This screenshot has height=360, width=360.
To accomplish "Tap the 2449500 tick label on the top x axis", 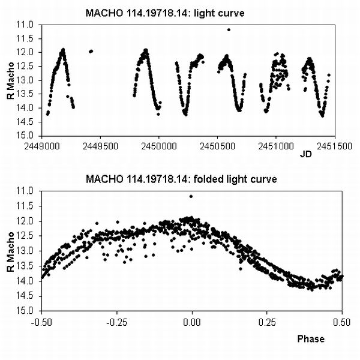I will [100, 146].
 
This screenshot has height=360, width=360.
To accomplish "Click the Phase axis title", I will [311, 339].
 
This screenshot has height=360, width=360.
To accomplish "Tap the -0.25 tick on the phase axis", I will [116, 321].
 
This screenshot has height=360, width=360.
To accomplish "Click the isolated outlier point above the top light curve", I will [229, 29].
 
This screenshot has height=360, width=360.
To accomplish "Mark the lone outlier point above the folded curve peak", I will [191, 196].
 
